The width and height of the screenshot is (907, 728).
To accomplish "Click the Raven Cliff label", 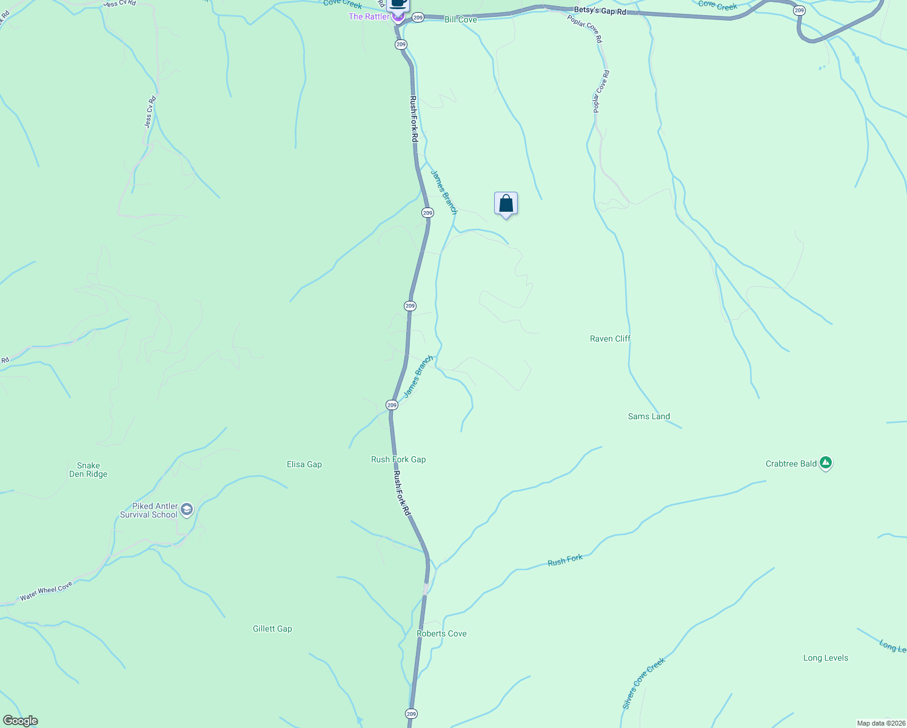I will click(x=610, y=339).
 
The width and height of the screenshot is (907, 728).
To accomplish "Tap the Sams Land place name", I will click(x=649, y=416).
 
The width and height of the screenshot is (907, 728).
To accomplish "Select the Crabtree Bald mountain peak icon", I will click(x=825, y=463).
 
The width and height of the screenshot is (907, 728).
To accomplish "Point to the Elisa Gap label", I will click(x=304, y=464).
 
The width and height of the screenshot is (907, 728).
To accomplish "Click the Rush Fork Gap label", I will click(x=398, y=459).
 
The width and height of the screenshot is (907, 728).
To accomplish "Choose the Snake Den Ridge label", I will click(x=89, y=470).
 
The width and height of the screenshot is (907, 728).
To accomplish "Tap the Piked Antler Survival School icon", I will click(x=187, y=509).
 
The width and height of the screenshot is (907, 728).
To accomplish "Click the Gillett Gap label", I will click(x=272, y=629).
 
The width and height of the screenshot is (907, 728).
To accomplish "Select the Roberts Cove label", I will click(x=441, y=633).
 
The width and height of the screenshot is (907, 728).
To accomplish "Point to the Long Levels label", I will click(x=825, y=658).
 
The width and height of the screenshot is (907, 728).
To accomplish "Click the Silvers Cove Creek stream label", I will click(x=643, y=683).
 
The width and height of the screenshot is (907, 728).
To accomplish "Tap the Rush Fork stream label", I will click(x=565, y=561).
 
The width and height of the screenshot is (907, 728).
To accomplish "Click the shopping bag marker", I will click(x=506, y=204).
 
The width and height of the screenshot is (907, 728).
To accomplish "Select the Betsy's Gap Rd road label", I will click(x=600, y=11).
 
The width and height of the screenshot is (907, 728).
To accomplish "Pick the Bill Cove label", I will click(x=461, y=19).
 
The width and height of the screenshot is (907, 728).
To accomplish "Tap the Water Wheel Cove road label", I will click(x=46, y=591).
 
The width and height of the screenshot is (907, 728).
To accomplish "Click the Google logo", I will click(x=21, y=721).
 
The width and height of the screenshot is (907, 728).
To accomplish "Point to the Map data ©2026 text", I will click(x=880, y=723).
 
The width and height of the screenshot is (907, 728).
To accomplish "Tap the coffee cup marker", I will click(x=398, y=4).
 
